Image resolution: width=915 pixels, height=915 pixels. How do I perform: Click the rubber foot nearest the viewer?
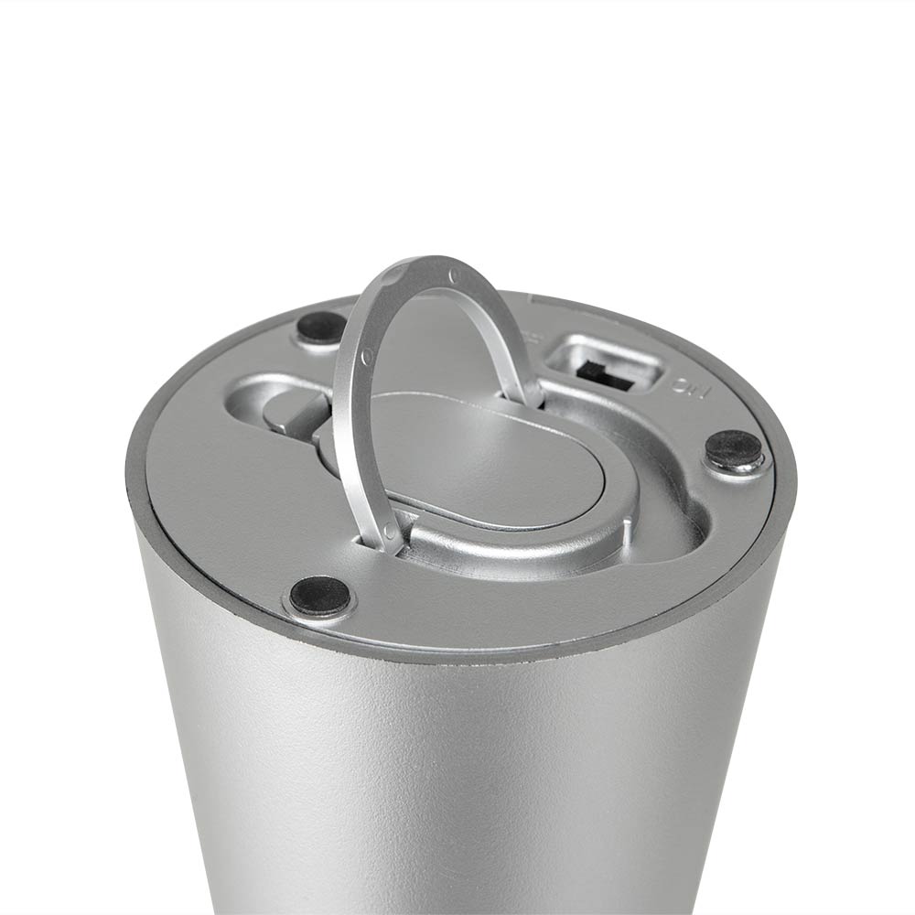point(320,596)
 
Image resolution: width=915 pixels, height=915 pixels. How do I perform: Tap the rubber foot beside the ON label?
point(735,449)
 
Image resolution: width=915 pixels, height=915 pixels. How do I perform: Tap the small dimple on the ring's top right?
point(455,274)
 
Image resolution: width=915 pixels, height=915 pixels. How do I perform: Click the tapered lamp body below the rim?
point(457,778)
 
